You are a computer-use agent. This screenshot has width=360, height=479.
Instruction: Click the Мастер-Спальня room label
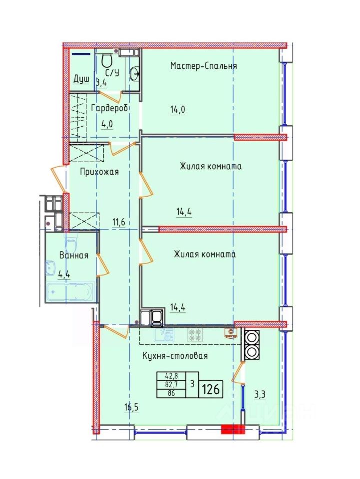pyautogui.click(x=204, y=66)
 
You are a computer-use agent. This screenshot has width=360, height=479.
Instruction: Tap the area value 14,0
pyautogui.click(x=178, y=109)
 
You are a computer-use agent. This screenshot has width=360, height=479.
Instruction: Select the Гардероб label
pyautogui.click(x=109, y=108)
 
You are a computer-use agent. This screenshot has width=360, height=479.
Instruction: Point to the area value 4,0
pyautogui.click(x=107, y=124)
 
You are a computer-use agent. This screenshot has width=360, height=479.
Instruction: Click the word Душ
pyautogui.click(x=81, y=79)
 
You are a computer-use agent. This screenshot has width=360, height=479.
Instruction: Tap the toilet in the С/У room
pyautogui.click(x=106, y=60)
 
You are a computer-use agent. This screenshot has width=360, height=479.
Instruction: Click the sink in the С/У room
pyautogui.click(x=134, y=74)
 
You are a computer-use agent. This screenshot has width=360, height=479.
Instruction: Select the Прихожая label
pyautogui.click(x=99, y=172)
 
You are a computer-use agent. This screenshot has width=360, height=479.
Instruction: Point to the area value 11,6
pyautogui.click(x=119, y=222)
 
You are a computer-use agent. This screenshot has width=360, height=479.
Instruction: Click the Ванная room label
pyautogui.click(x=74, y=255)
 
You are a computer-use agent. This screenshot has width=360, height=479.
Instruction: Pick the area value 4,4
pyautogui.click(x=64, y=274)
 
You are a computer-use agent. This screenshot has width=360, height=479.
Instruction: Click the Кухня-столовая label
pyautogui.click(x=175, y=356)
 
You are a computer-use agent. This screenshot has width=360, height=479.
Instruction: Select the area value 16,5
pyautogui.click(x=131, y=408)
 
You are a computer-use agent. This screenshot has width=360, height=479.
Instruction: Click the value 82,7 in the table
pyautogui.click(x=171, y=384)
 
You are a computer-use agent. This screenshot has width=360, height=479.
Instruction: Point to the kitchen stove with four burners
pyautogui.click(x=195, y=335)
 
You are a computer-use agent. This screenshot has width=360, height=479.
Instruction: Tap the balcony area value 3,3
pyautogui.click(x=260, y=395)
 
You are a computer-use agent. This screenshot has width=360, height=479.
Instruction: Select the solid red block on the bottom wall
pyautogui.click(x=233, y=429)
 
